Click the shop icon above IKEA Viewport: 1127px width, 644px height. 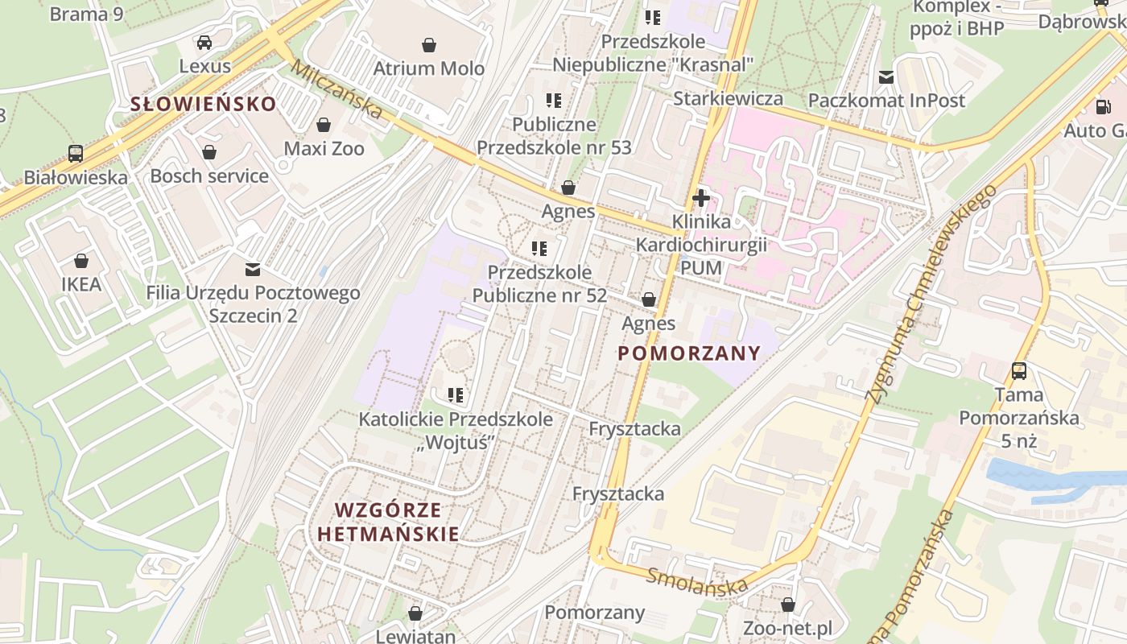pos(81,261)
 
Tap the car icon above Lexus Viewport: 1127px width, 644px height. pos(204,43)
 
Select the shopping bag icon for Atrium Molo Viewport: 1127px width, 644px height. pos(429,45)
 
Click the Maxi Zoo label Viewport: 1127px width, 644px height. pos(324,149)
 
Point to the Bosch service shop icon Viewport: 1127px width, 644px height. pos(209,152)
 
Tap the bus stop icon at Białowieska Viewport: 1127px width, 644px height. pos(76,153)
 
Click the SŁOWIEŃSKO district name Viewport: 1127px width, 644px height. pos(204,104)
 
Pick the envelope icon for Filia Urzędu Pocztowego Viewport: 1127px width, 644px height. pos(253,269)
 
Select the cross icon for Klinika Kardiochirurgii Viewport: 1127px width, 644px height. pos(701,198)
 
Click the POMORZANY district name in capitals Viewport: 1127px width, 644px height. pos(689,353)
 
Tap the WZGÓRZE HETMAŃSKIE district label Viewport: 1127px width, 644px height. pos(388,522)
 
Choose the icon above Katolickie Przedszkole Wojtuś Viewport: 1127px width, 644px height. pos(456,395)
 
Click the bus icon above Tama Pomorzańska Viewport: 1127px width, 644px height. pos(1019,371)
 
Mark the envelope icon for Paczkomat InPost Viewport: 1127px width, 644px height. pos(886,77)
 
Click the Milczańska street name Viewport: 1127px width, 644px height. pos(336,89)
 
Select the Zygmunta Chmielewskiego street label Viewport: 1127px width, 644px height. pos(931,294)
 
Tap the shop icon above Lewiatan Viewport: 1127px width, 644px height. pos(415,613)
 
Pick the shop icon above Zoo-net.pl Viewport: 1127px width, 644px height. pos(788,605)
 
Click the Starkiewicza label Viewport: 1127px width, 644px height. pos(728,99)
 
